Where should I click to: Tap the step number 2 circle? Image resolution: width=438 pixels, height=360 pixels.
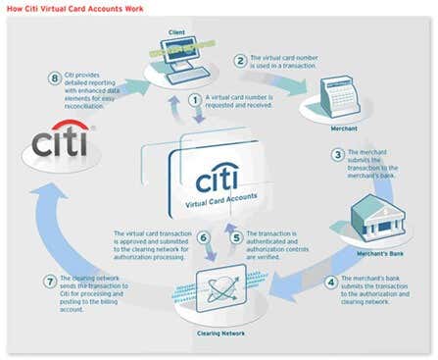(x=239, y=61)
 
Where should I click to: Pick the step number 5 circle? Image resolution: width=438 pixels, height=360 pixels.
(x=235, y=236)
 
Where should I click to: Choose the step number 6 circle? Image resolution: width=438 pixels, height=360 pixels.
(x=203, y=236)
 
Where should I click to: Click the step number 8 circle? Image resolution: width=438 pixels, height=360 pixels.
(x=55, y=77)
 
